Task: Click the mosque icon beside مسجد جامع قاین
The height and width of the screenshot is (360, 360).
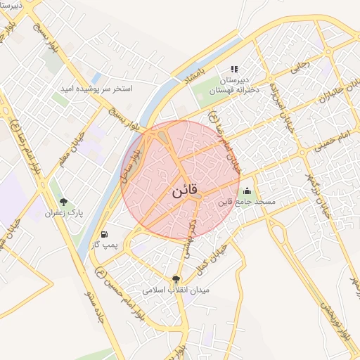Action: point(247,191)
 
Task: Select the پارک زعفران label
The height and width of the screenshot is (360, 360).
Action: point(65,212)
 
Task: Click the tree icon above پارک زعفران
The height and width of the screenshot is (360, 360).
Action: point(64,202)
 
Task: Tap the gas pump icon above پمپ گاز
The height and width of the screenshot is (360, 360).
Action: point(105,233)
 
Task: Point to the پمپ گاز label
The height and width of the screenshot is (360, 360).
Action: point(105,245)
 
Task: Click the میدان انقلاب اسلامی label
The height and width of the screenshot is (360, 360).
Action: point(176,289)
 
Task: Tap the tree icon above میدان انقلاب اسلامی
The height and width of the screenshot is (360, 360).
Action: point(176,278)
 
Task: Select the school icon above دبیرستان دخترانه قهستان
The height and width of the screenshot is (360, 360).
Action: point(234,69)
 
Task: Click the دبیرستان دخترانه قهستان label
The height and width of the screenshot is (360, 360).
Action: point(234,85)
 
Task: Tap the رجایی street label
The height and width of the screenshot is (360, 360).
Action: point(300,66)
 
